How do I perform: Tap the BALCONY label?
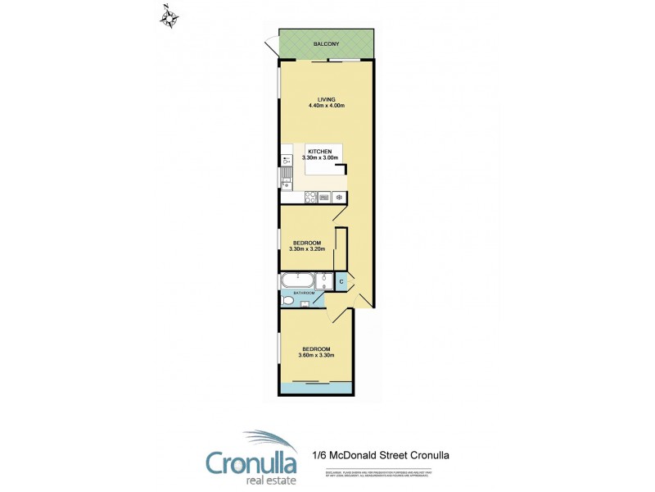coord(326,43)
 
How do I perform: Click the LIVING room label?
coord(326,99)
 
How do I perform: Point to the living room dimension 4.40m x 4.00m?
coord(326,106)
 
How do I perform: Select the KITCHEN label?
coord(320,152)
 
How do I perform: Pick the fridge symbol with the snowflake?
coord(337,197)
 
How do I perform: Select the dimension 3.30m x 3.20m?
coord(307,248)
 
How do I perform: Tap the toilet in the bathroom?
coord(287,301)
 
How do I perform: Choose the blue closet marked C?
coord(341,281)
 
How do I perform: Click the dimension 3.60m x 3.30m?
coord(317,355)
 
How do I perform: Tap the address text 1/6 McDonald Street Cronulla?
coord(382,454)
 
